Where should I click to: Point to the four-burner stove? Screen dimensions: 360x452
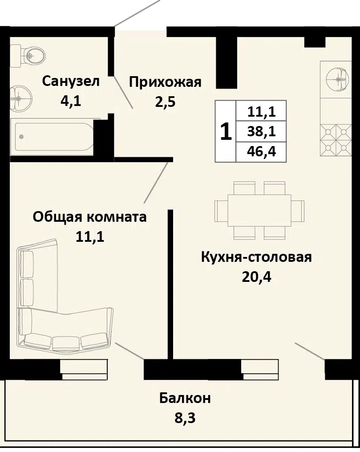tap(336, 140)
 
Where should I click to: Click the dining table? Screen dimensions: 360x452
tap(259, 211)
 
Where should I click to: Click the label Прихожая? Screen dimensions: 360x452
tap(165, 82)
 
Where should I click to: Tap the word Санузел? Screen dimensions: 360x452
tap(71, 81)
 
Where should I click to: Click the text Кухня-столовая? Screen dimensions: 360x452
tap(256, 257)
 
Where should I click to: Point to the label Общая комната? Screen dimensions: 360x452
tap(89, 217)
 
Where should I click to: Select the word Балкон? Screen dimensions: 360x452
tap(185, 398)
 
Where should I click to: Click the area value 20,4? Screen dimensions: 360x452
tap(257, 277)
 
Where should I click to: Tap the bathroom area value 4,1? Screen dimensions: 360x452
tap(71, 101)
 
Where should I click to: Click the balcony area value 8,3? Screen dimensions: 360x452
tap(185, 418)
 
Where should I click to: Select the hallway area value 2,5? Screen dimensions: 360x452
tap(165, 102)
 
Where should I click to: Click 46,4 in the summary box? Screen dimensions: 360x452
tap(262, 151)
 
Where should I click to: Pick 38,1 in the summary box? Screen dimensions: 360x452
tap(262, 131)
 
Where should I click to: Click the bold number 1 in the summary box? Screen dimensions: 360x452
tap(226, 131)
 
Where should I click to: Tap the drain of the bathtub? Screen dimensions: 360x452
tap(21, 137)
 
